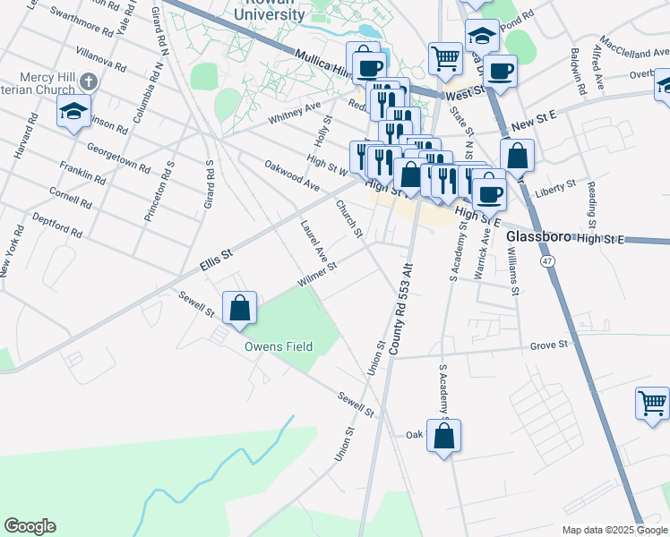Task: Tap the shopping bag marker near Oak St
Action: [x=443, y=436]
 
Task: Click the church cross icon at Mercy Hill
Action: [x=88, y=81]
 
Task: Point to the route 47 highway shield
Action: [x=545, y=260]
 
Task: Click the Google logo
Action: [x=30, y=526]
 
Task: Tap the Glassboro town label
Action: [x=539, y=238]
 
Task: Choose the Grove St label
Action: [x=549, y=345]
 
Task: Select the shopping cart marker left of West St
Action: [x=445, y=58]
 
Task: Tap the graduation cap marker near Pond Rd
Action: [x=482, y=36]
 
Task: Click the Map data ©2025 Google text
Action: [x=602, y=530]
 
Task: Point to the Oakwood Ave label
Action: [x=292, y=176]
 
